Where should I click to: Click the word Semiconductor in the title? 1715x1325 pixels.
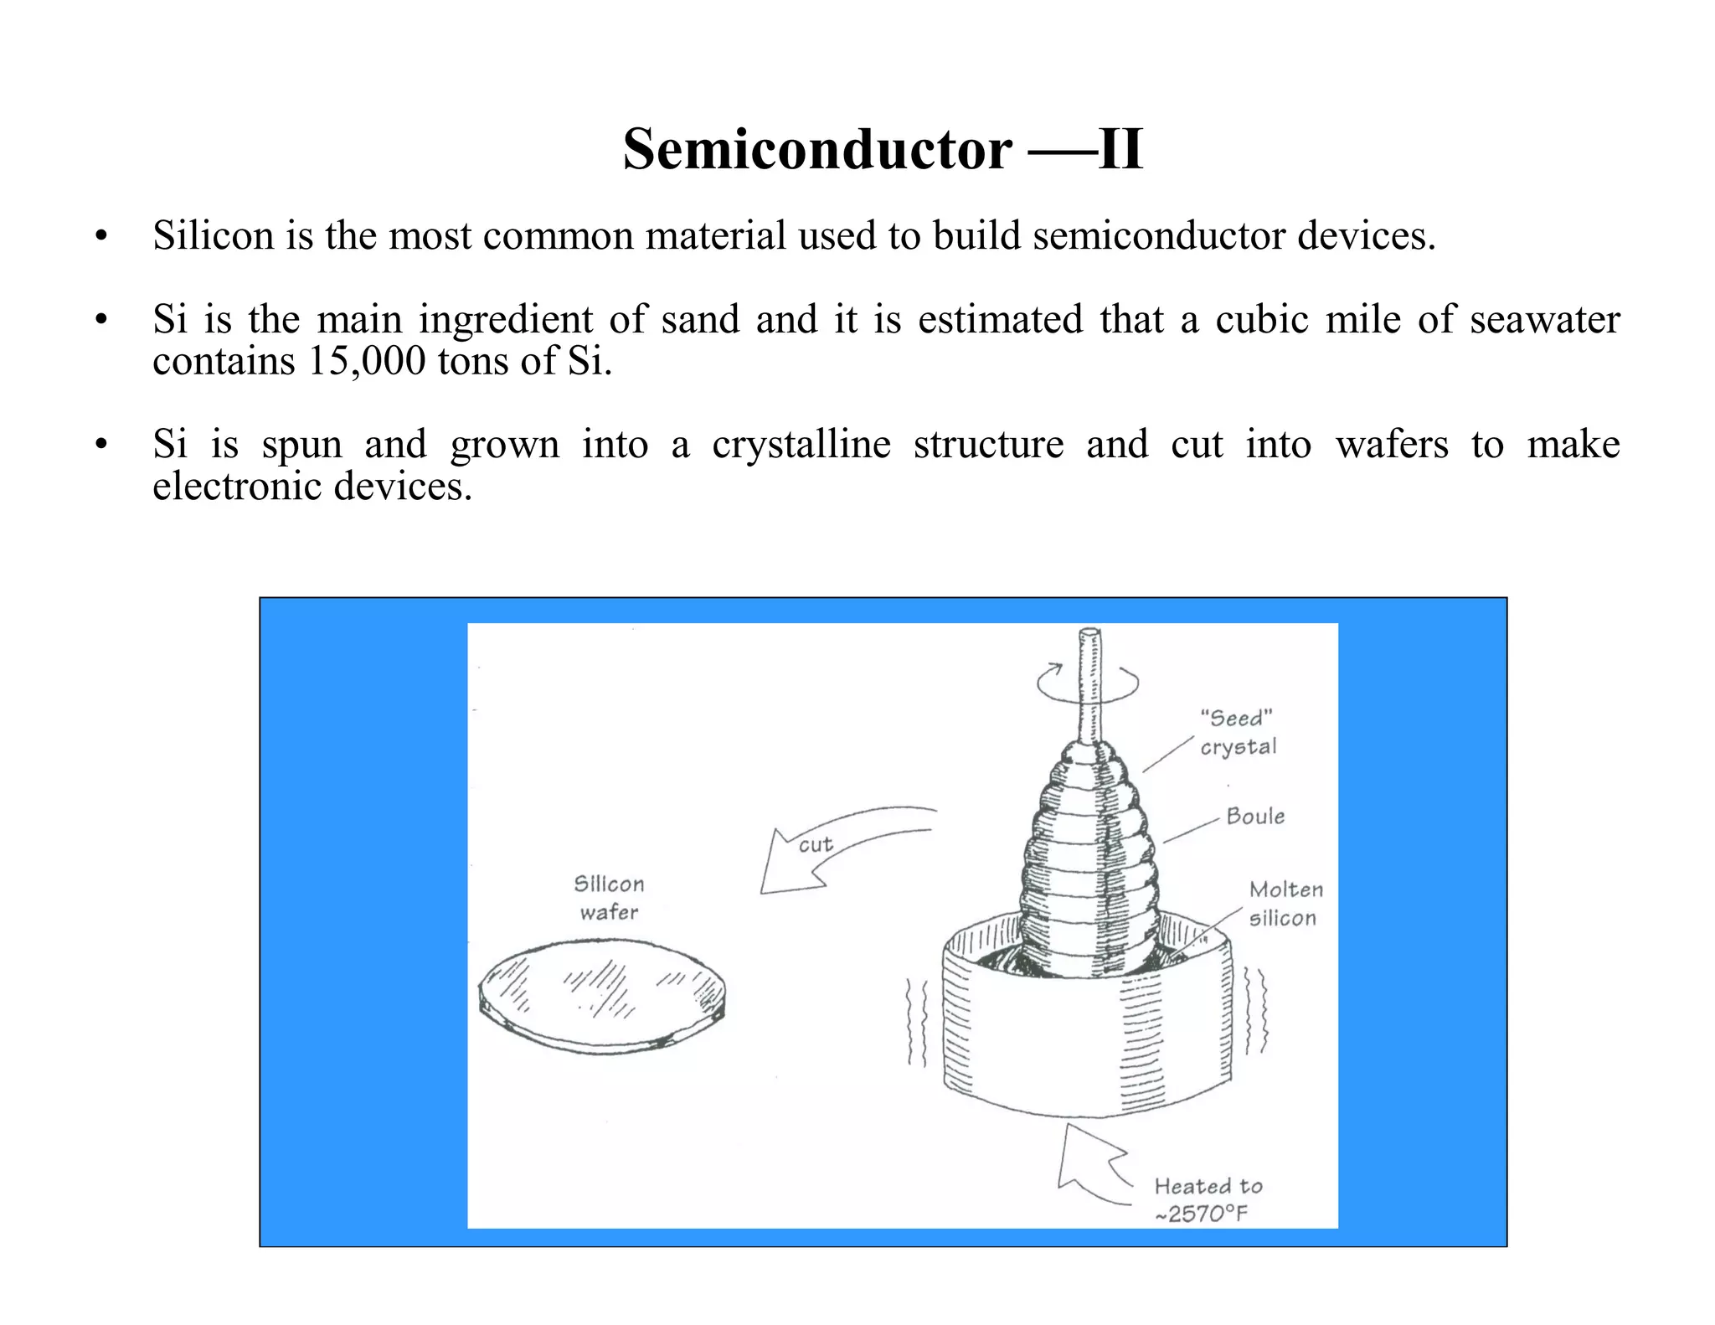816,150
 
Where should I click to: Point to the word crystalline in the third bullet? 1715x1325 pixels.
801,444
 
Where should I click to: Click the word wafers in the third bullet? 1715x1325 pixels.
1391,444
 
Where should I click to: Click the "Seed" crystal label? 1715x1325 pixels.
1238,732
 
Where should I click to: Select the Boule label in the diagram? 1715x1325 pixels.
1254,816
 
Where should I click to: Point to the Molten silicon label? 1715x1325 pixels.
1285,904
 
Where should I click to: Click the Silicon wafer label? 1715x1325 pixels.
609,898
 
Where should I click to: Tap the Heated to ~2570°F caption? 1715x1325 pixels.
1207,1199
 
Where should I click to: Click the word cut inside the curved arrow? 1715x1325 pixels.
815,844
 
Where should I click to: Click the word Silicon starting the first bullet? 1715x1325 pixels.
213,236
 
